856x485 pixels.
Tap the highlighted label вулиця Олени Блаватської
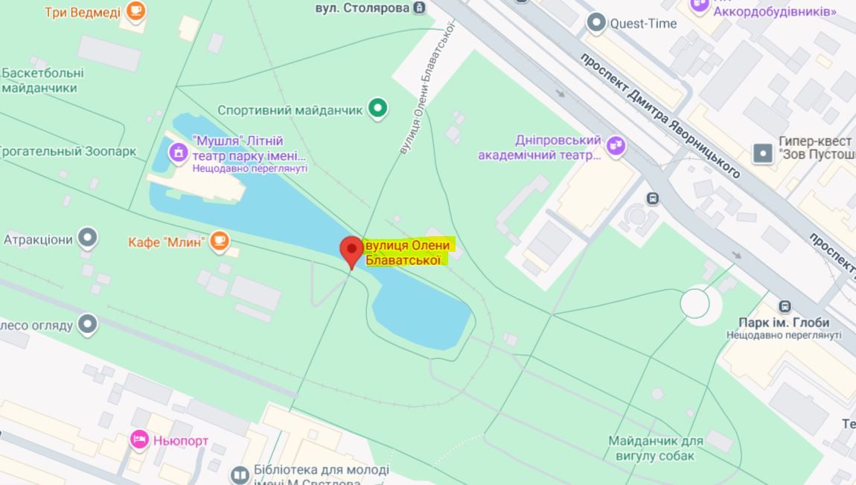click(408, 253)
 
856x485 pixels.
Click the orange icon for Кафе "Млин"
click(219, 240)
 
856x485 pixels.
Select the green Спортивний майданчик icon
click(379, 110)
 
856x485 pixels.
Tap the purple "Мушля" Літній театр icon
click(178, 153)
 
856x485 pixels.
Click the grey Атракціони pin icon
click(89, 238)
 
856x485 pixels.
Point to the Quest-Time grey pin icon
click(595, 23)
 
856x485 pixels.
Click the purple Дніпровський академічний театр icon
click(616, 145)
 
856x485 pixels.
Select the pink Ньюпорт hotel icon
click(139, 440)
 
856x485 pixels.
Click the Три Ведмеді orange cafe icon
click(135, 10)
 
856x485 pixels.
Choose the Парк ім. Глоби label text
click(783, 323)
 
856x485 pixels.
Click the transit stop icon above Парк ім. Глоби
click(785, 305)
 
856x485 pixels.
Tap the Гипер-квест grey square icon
click(763, 153)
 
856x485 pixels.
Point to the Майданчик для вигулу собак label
click(655, 448)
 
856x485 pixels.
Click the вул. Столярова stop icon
click(420, 8)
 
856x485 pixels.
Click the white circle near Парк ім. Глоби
click(695, 303)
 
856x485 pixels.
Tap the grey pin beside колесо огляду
click(89, 324)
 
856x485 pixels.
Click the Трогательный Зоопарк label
click(67, 151)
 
